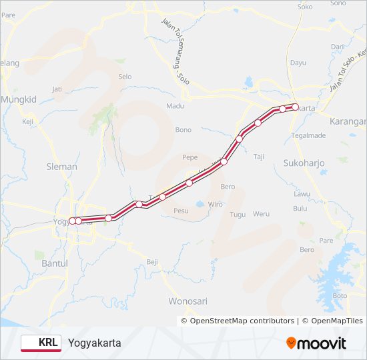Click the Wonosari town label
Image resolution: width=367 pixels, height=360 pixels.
[188, 301]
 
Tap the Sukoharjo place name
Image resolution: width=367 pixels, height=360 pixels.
[303, 162]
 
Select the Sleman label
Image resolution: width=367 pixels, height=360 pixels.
[61, 167]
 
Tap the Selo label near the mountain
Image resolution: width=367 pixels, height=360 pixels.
[125, 77]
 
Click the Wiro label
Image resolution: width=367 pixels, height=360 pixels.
[216, 204]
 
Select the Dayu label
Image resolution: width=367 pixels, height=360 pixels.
[298, 63]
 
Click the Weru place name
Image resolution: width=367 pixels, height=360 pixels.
[261, 214]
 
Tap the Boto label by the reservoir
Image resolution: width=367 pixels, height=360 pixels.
[340, 295]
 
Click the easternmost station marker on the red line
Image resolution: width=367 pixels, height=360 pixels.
[295, 107]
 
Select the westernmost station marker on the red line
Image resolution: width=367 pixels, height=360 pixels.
[71, 221]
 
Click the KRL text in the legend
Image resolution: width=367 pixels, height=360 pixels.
[47, 343]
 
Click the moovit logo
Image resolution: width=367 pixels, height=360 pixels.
[316, 343]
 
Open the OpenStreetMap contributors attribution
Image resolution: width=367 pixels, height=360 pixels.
[243, 321]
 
